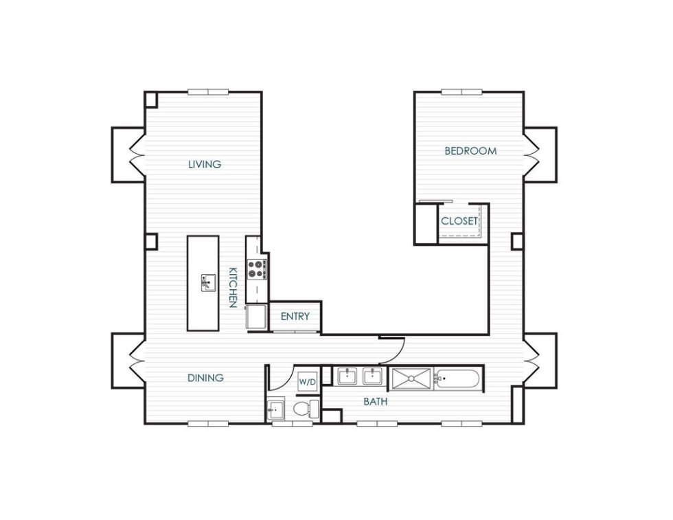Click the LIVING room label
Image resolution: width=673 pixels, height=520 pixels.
click(205, 164)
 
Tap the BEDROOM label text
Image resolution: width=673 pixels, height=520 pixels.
click(470, 151)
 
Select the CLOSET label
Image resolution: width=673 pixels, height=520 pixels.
click(459, 221)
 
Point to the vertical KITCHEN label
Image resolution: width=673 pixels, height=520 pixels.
click(233, 287)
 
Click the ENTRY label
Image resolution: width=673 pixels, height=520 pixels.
click(295, 317)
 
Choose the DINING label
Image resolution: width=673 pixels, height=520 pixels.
click(205, 378)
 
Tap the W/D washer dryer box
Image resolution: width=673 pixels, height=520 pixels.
click(306, 382)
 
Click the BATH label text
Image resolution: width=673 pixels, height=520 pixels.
click(375, 401)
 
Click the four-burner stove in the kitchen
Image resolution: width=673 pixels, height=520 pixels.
click(258, 269)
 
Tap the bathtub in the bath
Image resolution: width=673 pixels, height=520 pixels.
click(457, 378)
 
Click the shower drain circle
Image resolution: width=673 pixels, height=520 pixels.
click(411, 378)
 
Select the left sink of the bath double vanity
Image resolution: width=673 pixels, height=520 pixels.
click(347, 376)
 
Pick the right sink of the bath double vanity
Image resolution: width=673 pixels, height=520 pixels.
click(372, 376)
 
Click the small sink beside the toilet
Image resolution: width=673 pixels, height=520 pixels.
click(275, 410)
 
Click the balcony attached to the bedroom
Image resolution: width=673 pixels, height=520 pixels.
click(541, 155)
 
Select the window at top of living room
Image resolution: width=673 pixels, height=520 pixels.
click(209, 92)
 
